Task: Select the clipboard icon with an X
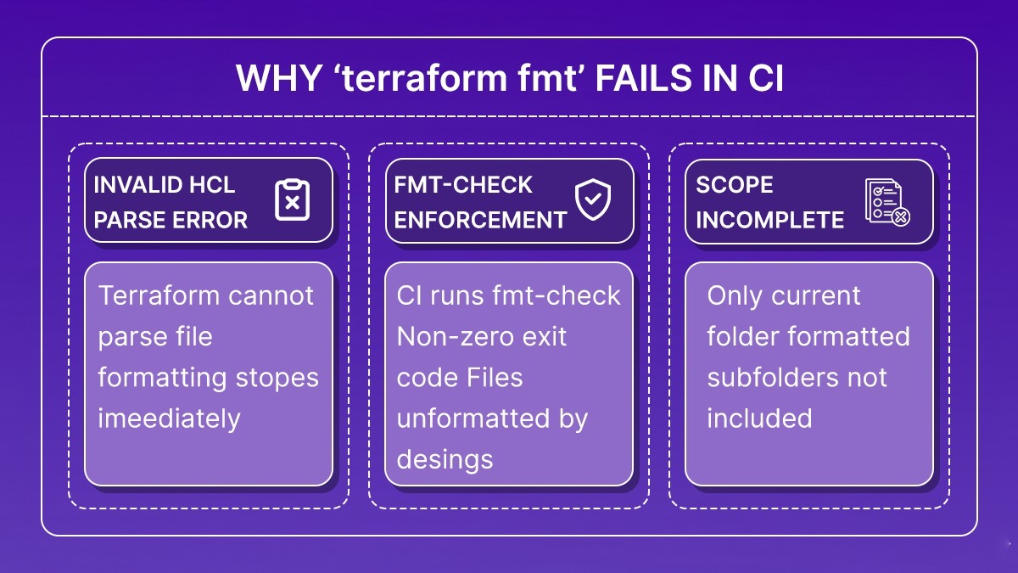point(292,200)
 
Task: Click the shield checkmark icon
point(591,200)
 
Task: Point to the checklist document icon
point(887,202)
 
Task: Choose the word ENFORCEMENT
point(480,220)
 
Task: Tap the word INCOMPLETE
point(769,220)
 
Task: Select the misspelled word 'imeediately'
point(169,418)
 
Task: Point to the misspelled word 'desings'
point(445,459)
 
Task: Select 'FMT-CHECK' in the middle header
point(463,185)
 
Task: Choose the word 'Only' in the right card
point(735,295)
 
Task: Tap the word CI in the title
point(765,79)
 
